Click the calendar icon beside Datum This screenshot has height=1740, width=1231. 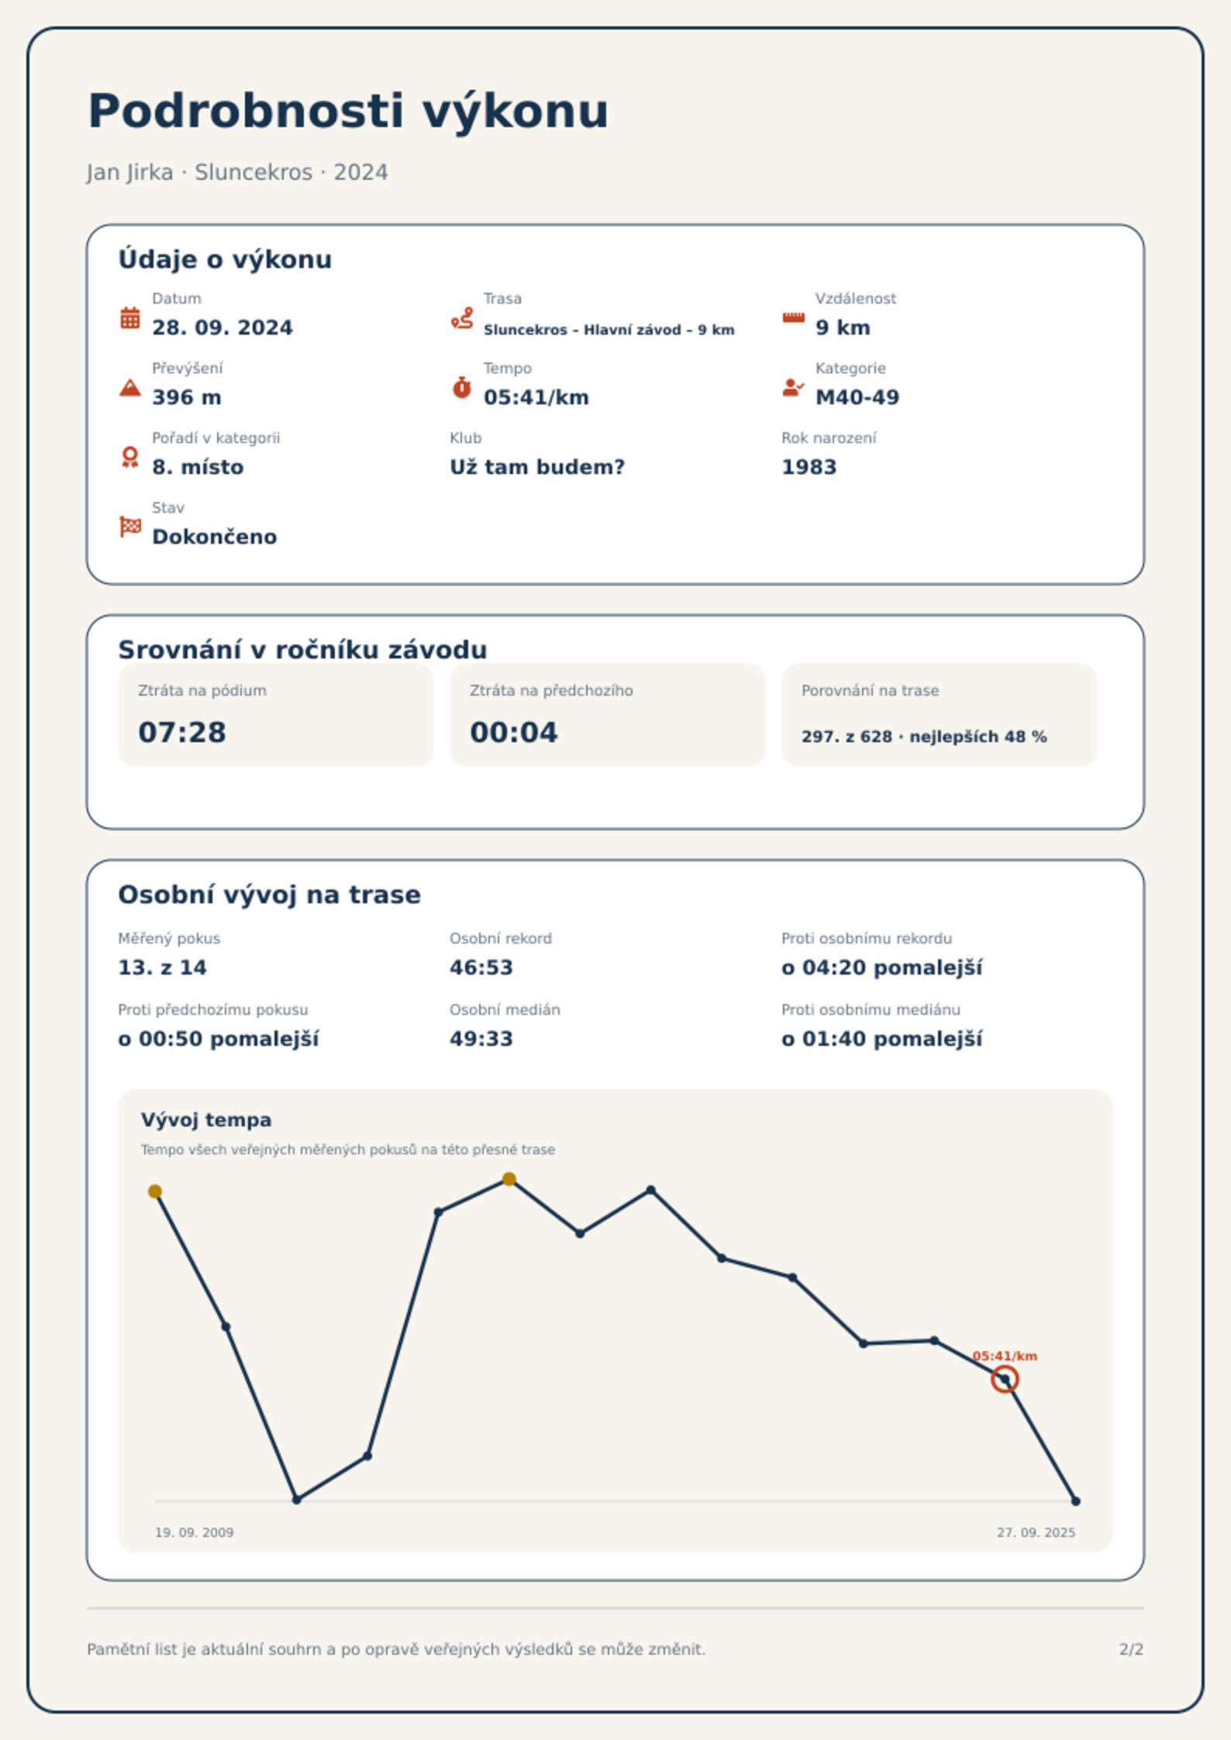tap(130, 318)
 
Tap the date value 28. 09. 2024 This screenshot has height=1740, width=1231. tap(222, 328)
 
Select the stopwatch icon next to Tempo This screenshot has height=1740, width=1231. tap(462, 387)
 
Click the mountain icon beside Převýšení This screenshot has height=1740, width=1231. tap(130, 387)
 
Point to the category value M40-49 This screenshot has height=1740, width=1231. tap(857, 397)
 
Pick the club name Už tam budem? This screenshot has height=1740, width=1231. tap(537, 467)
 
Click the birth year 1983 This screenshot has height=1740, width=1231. tap(809, 467)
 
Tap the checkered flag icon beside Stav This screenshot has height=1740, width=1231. tap(130, 527)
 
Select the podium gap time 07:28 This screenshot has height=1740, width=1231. tap(182, 732)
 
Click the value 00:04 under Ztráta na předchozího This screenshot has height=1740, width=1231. tap(514, 732)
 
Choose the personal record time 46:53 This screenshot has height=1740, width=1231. tap(481, 968)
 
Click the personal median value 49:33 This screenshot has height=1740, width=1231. tap(481, 1039)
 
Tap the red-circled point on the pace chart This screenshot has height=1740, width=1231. tap(1005, 1380)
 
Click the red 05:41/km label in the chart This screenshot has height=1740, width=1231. tap(1005, 1356)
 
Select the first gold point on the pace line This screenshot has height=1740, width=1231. tap(155, 1192)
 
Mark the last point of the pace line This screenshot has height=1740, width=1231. tap(1076, 1501)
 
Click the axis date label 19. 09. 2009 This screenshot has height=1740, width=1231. tap(194, 1532)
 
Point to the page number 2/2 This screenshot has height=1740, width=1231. tap(1132, 1649)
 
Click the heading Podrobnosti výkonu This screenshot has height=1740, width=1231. tap(348, 111)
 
